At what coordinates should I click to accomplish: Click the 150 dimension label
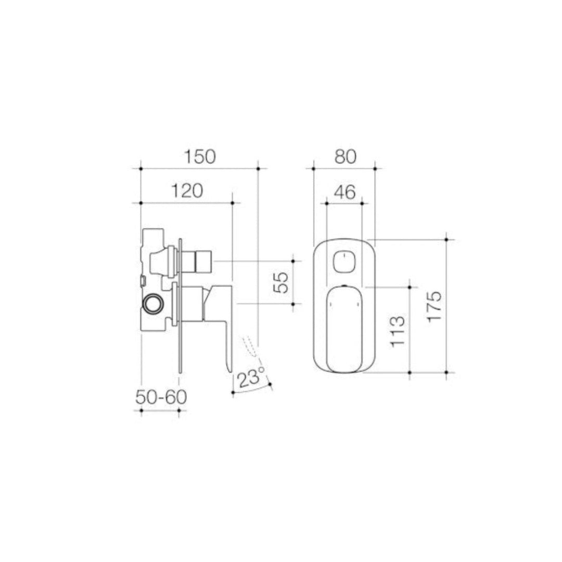click(x=199, y=157)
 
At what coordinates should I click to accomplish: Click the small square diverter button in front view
click(x=343, y=261)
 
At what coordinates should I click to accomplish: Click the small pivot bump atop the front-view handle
click(x=343, y=286)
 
